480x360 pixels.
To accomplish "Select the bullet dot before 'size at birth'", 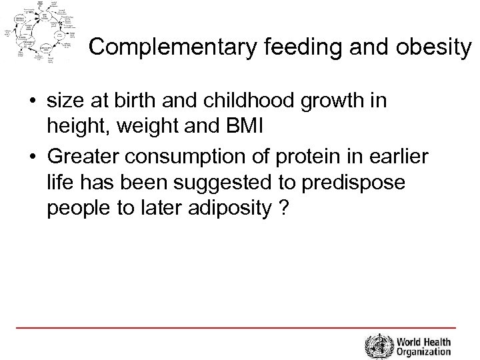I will [31, 101].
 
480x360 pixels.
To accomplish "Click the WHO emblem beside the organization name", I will [377, 346].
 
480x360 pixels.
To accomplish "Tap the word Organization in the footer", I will [422, 352].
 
